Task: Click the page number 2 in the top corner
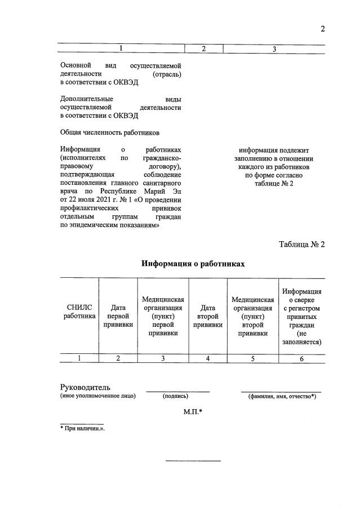323,29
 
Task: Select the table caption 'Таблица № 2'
302,244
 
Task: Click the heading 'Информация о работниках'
193,264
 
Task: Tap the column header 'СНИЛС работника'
79,312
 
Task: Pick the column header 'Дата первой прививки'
118,316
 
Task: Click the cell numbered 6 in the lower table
302,358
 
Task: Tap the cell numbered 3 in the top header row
274,50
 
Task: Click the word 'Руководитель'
85,387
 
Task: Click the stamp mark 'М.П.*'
193,412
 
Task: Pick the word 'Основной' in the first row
75,65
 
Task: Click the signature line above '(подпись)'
178,391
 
